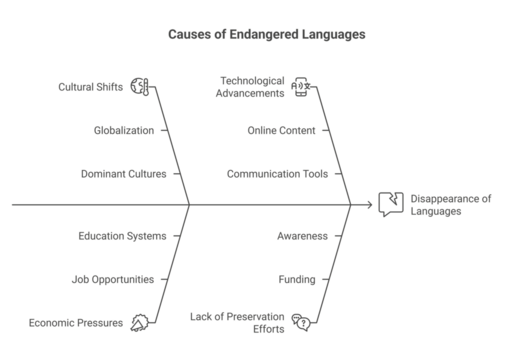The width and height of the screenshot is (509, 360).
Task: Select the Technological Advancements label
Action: (x=250, y=85)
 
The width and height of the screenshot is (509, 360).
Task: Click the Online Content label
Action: (x=281, y=130)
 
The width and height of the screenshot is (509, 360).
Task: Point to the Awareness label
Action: (x=301, y=236)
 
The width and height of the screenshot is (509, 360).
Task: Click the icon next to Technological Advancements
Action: (x=298, y=87)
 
